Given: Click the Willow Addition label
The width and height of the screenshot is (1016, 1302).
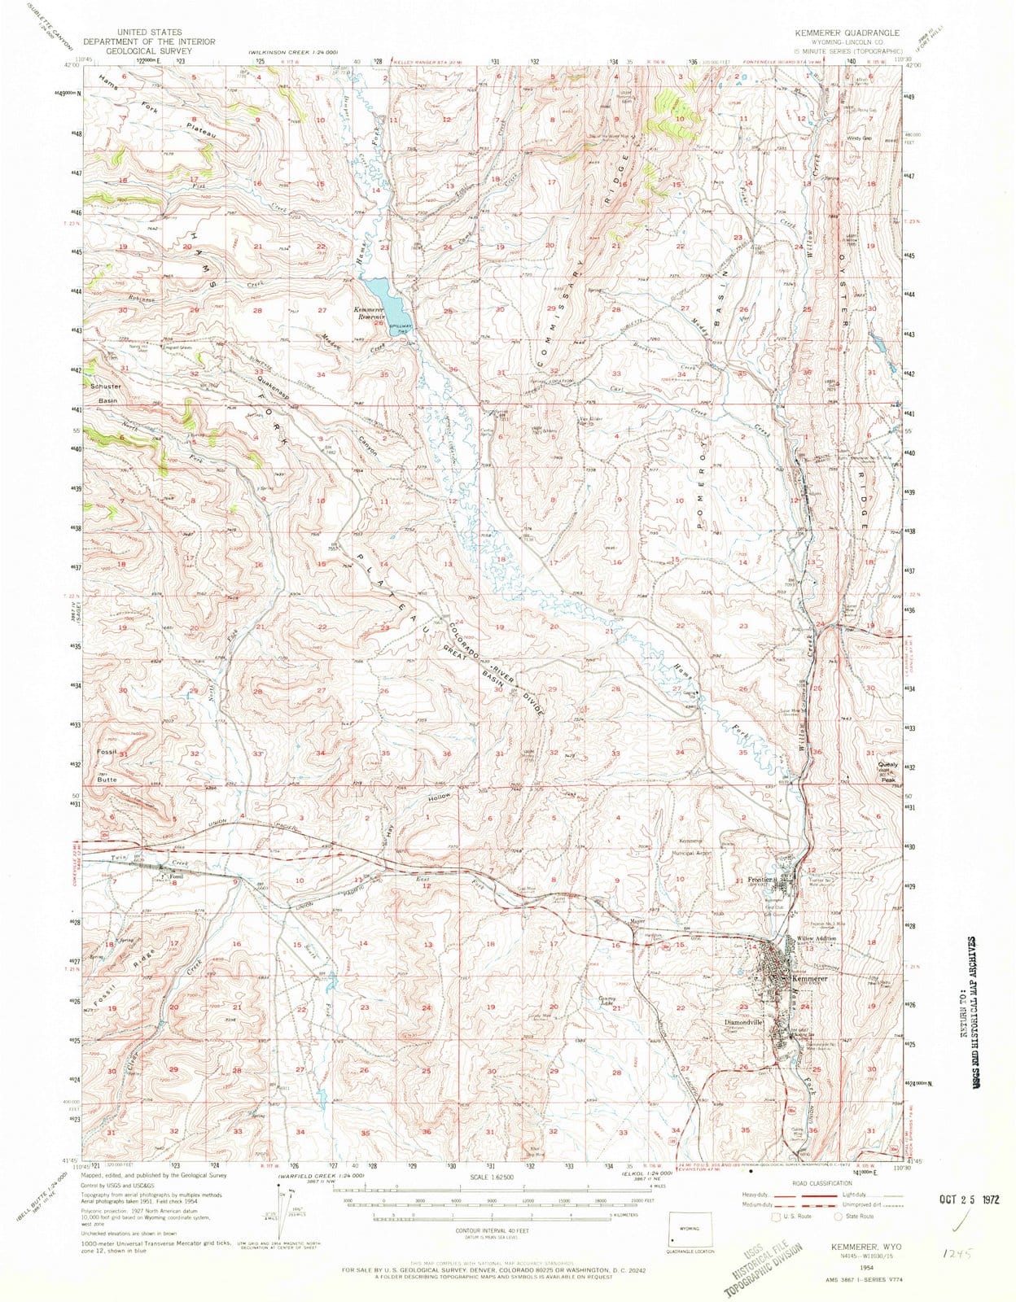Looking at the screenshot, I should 817,939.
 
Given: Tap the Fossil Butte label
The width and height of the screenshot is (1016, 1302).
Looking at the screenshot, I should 107,766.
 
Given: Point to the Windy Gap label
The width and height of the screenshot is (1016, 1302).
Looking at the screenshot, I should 859,138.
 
